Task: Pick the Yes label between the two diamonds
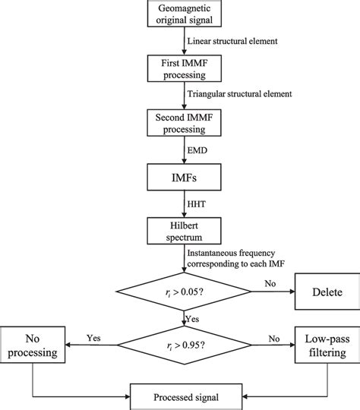click(193, 319)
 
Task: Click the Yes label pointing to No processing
click(95, 335)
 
